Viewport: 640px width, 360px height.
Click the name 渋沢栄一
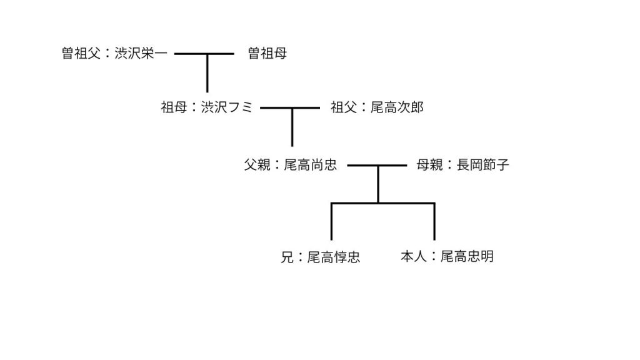point(141,54)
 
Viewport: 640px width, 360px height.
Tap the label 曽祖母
point(267,54)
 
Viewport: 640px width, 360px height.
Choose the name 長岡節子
point(482,165)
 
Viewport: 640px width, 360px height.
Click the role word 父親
point(257,165)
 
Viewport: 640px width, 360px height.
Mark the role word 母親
point(429,165)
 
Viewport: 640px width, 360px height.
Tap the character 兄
point(287,257)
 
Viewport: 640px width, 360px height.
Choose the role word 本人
point(413,256)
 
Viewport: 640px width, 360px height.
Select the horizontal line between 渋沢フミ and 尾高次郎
point(275,108)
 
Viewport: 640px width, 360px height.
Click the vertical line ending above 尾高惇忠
point(332,222)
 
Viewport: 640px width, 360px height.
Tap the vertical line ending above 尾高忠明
point(434,222)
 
